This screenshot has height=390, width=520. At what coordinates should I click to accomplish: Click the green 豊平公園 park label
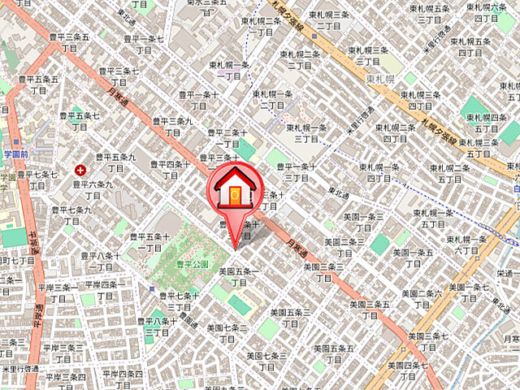coord(193,265)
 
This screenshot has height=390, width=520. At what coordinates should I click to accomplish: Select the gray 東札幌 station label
coord(379,79)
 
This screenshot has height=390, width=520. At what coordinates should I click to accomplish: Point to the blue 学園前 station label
coord(15,154)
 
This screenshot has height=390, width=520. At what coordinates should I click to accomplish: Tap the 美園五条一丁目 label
coord(239,277)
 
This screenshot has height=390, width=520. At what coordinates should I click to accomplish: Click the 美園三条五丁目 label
coord(373,310)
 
